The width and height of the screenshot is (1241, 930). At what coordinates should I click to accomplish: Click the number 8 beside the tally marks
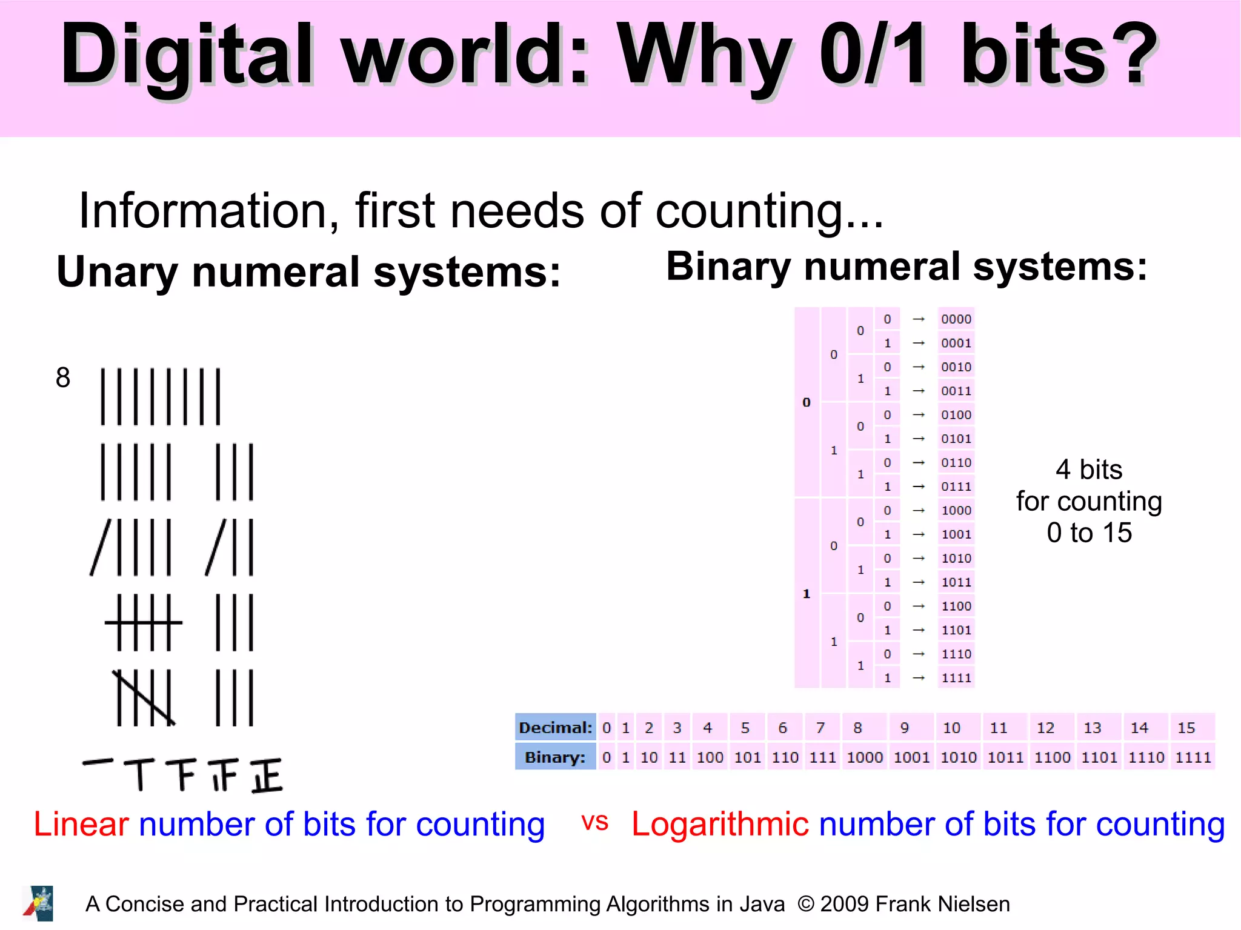pos(63,378)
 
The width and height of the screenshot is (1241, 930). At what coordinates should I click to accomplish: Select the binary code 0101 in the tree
pos(956,439)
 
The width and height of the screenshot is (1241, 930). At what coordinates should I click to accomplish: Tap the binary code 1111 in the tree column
pos(956,678)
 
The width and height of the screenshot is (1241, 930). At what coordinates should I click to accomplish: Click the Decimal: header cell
pos(555,728)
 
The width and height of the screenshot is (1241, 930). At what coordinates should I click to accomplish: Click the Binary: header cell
pos(555,757)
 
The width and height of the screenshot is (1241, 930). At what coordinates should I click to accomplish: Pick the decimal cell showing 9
pos(905,728)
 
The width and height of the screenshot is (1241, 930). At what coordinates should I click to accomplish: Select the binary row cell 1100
pos(1053,757)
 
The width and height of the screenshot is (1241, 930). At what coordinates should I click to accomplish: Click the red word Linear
pos(81,825)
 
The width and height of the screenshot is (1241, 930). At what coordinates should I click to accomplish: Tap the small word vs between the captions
pos(594,822)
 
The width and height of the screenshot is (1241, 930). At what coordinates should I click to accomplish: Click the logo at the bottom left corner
pos(39,903)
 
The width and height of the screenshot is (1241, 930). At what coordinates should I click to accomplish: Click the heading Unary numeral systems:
pos(308,272)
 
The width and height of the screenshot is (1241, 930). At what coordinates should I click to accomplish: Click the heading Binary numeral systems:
pos(907,267)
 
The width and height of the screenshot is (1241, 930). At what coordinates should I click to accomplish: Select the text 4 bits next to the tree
pos(1089,470)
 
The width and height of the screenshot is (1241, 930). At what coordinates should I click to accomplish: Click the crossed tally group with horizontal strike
pos(144,622)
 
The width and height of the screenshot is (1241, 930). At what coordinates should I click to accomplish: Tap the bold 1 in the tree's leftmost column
pos(807,594)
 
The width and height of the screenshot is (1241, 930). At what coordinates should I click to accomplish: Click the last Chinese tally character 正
pos(267,776)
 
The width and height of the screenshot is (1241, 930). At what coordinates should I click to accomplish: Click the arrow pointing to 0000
pos(919,319)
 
